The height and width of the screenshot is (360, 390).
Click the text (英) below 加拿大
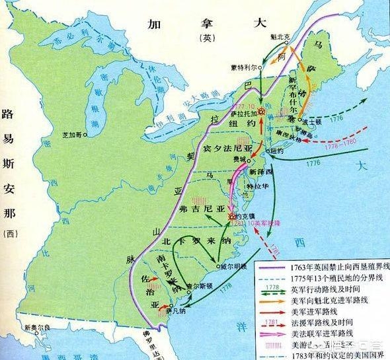204,38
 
